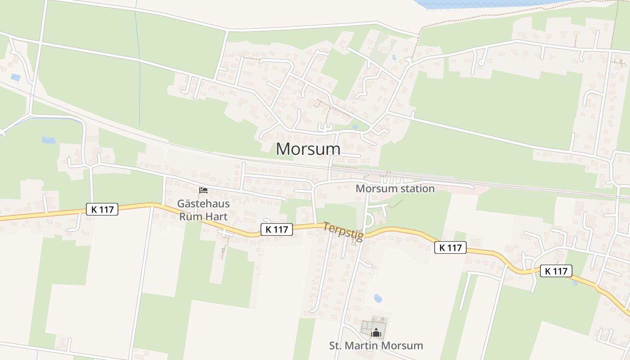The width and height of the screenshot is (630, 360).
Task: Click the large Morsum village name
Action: pyautogui.click(x=308, y=149)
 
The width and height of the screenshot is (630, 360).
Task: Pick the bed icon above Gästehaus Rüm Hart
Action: pyautogui.click(x=203, y=190)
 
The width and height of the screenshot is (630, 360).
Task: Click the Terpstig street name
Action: pyautogui.click(x=343, y=231)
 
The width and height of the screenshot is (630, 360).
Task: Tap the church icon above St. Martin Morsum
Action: pyautogui.click(x=376, y=333)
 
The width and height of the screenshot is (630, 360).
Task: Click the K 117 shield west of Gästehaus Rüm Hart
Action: pyautogui.click(x=102, y=209)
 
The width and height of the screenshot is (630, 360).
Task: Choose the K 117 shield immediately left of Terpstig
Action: pyautogui.click(x=277, y=229)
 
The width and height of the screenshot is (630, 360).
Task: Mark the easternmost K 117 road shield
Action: pyautogui.click(x=556, y=271)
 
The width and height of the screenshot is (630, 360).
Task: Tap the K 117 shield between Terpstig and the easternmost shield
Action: pyautogui.click(x=450, y=247)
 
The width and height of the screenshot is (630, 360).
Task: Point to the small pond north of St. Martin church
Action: pyautogui.click(x=378, y=298)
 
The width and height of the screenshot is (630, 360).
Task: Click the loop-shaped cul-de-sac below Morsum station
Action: pyautogui.click(x=369, y=220)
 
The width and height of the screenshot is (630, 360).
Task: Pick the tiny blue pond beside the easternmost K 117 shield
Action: pyautogui.click(x=575, y=283)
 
